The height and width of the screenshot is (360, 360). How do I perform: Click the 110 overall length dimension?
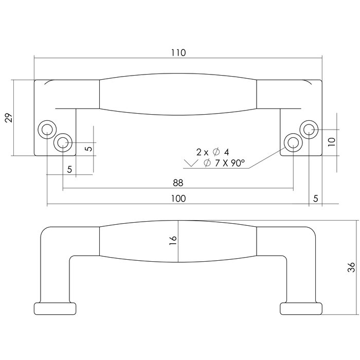pos(178,52)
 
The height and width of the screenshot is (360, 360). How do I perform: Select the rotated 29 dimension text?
pos(8,118)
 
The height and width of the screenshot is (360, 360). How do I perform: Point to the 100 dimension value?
pos(178,199)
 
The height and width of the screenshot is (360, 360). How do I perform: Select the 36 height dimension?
pos(351,267)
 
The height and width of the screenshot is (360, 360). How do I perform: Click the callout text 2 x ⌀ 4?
pos(212,152)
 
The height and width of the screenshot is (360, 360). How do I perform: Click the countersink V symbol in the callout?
pos(191,164)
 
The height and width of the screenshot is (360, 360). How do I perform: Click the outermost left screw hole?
pos(47,129)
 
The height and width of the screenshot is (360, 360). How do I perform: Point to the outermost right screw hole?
pos(309,129)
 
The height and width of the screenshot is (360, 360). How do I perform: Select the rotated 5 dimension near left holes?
pos(88,149)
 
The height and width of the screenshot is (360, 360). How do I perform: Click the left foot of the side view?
pos(56,308)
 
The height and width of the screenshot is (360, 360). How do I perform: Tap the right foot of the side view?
pos(301,308)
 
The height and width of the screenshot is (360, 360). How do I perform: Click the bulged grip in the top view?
pos(178,94)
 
